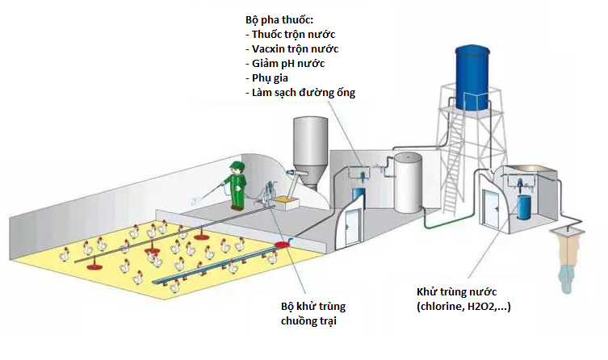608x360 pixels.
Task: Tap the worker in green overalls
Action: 237,184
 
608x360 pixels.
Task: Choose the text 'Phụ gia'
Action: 271,77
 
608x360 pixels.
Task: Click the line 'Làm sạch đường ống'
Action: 302,92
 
